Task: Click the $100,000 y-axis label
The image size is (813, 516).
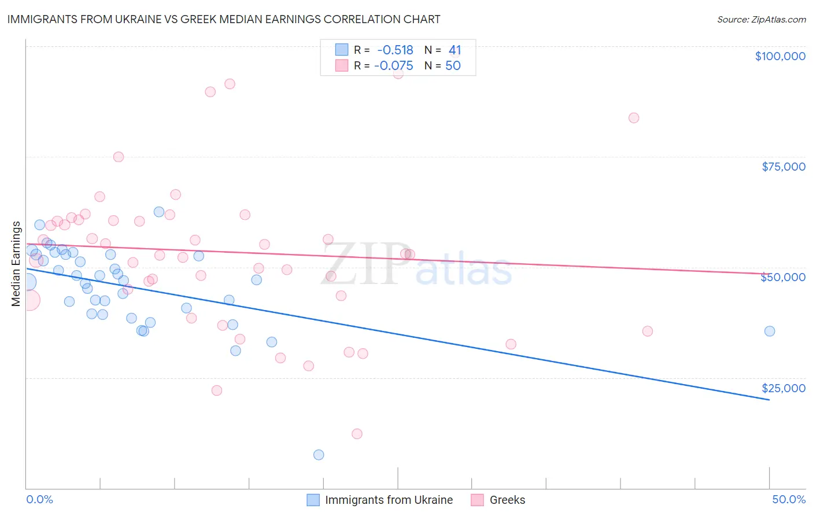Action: coord(780,56)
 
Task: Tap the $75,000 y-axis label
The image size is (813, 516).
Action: coord(784,167)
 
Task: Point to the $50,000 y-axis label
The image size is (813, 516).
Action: coord(783,277)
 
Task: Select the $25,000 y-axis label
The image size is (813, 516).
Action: coord(784,388)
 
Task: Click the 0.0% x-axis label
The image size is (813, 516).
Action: coord(40,500)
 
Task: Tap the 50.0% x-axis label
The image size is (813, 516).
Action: coord(789,500)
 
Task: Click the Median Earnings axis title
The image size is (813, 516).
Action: coord(16,264)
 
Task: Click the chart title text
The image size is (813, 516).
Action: coord(223,19)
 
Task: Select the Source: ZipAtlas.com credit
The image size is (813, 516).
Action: coord(761,20)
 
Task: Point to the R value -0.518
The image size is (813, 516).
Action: coord(395,50)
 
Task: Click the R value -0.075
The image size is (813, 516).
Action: coord(394,66)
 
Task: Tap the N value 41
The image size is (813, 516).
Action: coord(454,50)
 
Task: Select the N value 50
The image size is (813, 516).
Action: coord(453,66)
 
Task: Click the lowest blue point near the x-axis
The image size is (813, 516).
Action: coord(319,455)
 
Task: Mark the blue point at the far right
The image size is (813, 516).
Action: coord(770,331)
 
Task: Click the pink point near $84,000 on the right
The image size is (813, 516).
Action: coord(634,118)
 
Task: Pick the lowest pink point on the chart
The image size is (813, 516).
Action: coord(357,434)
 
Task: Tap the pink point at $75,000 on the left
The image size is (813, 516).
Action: coord(119,157)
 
